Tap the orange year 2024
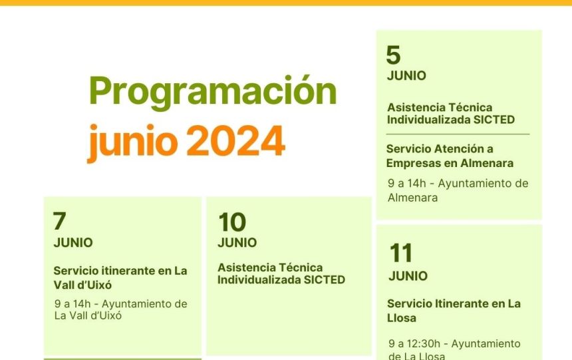pyautogui.click(x=235, y=140)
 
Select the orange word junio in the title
pyautogui.click(x=133, y=143)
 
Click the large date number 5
pyautogui.click(x=393, y=55)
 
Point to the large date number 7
pyautogui.click(x=59, y=221)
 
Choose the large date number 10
pyautogui.click(x=232, y=222)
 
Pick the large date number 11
pyautogui.click(x=400, y=253)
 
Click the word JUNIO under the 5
pyautogui.click(x=406, y=76)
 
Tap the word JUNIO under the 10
pyautogui.click(x=237, y=242)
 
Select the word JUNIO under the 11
pyautogui.click(x=408, y=275)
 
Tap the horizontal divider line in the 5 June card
pyautogui.click(x=458, y=134)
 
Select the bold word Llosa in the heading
pyautogui.click(x=401, y=318)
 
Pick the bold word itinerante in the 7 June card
pyautogui.click(x=128, y=271)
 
